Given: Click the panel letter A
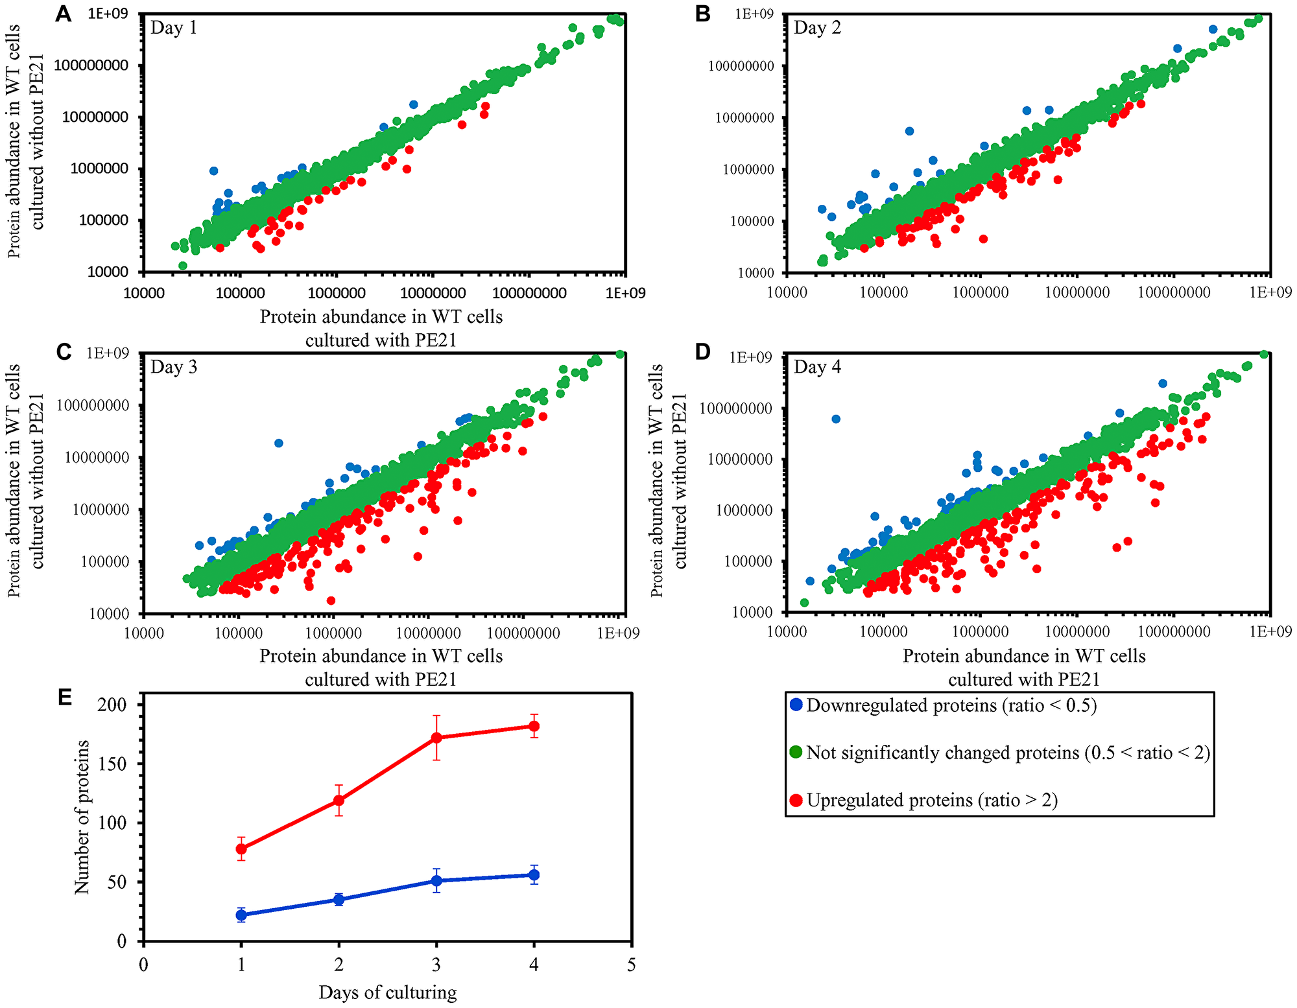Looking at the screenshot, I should click(x=63, y=14).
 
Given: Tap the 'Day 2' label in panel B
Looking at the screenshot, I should click(x=817, y=28).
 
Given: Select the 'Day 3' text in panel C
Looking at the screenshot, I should click(x=174, y=367).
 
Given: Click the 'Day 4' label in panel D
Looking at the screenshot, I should click(x=817, y=367).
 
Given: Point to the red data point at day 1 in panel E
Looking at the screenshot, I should click(x=241, y=849).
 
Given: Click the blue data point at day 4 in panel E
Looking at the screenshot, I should click(x=534, y=874).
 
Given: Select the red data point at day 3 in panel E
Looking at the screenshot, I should click(x=436, y=738).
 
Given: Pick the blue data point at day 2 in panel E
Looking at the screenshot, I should click(x=339, y=899).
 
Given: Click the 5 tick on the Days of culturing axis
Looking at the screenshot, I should click(x=632, y=965).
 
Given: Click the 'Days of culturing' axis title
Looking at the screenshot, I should click(x=387, y=992).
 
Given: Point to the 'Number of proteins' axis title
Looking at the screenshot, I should click(x=82, y=817).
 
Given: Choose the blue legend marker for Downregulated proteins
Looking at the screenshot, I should click(x=797, y=705).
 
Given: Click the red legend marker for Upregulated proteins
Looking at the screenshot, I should click(x=797, y=800).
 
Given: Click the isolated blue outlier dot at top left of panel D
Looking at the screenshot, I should click(x=836, y=419).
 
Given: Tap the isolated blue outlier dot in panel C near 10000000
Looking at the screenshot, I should click(x=279, y=443).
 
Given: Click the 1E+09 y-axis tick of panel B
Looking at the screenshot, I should click(x=754, y=14).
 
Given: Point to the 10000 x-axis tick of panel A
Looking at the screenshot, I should click(x=143, y=293).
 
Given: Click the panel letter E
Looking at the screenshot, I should click(x=64, y=697).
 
